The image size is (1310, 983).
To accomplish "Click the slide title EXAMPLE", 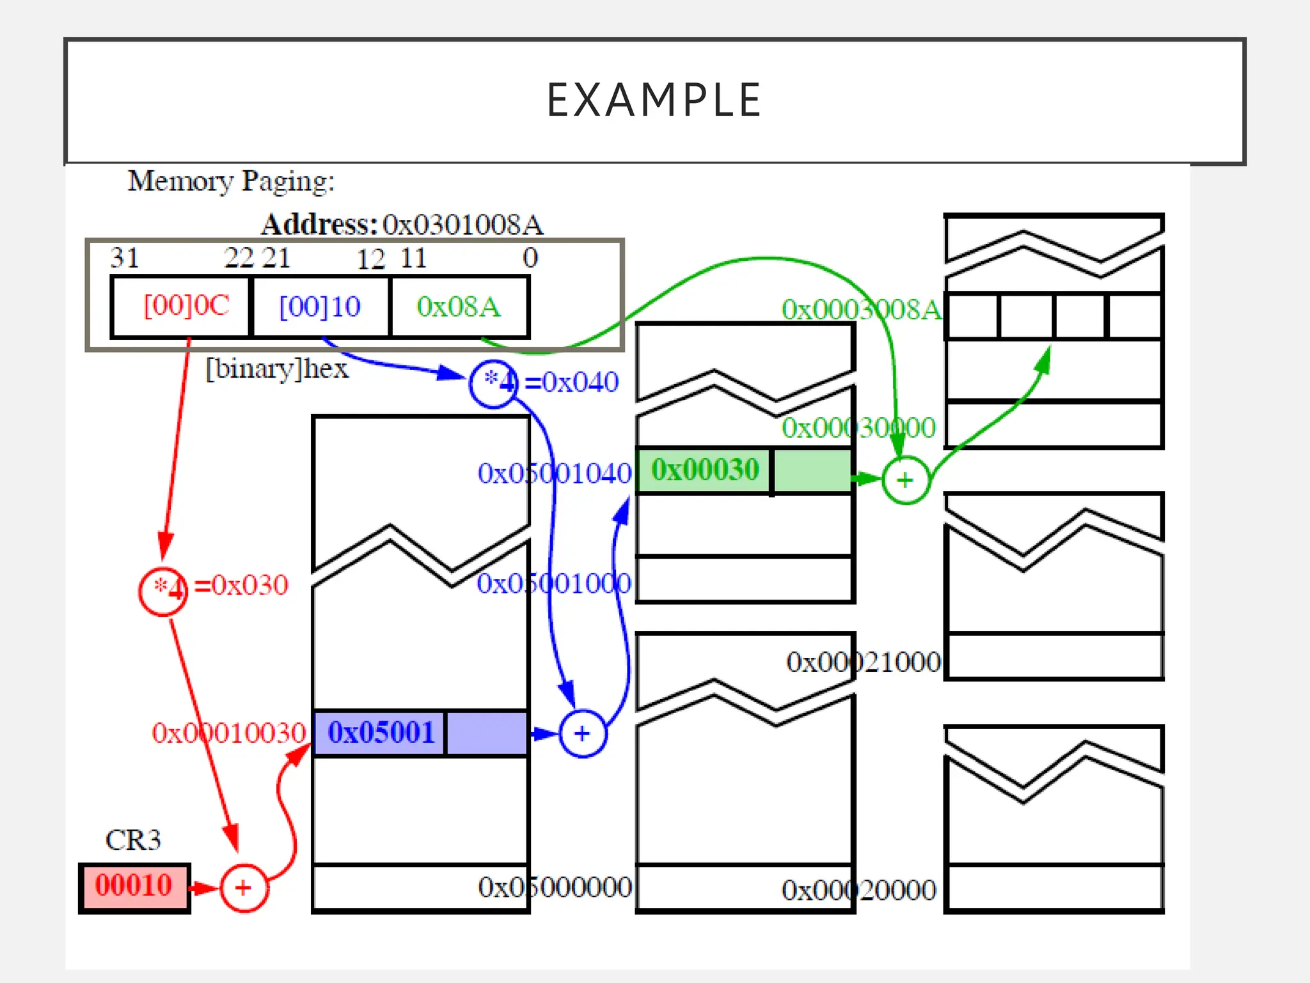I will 654,100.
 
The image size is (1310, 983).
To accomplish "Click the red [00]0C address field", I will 186,306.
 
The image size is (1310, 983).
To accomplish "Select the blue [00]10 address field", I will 320,307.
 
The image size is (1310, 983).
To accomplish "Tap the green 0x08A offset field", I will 458,307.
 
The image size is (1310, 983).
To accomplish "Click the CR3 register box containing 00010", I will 134,886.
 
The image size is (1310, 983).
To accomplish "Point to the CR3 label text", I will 133,840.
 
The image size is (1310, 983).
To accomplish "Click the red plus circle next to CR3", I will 244,888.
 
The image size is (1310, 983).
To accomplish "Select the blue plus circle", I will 582,733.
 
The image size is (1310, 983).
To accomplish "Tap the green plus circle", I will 905,480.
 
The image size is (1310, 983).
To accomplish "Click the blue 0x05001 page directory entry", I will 381,733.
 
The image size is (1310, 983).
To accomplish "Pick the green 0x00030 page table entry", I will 705,470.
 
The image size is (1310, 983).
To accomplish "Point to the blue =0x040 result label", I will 572,382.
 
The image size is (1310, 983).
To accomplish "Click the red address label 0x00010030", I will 229,733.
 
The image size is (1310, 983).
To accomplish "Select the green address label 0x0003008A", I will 861,310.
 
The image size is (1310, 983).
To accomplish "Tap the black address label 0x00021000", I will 864,662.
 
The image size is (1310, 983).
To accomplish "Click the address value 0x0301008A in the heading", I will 463,225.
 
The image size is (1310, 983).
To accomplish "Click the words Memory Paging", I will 231,181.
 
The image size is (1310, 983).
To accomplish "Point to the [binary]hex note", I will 277,369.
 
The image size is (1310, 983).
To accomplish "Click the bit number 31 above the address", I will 125,258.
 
